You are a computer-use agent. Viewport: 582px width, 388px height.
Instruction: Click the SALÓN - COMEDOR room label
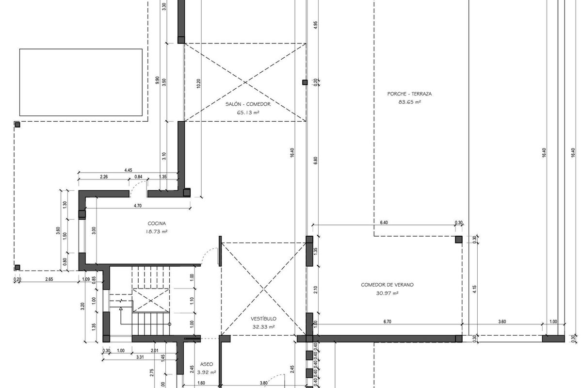[x=248, y=104]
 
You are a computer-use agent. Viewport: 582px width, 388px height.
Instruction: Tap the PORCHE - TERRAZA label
[x=409, y=94]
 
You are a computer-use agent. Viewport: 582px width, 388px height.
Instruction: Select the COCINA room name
[x=157, y=223]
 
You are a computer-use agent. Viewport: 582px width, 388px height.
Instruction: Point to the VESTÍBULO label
[x=263, y=319]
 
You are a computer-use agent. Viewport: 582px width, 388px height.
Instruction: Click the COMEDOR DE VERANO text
[x=387, y=285]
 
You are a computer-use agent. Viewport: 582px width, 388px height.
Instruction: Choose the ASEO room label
[x=207, y=364]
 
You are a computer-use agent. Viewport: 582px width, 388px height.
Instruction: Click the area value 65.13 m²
[x=248, y=113]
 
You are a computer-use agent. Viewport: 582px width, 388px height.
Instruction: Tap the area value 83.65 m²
[x=410, y=102]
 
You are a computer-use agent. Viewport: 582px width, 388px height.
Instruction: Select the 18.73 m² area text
[x=157, y=231]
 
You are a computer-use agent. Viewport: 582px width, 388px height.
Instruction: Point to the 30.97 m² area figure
[x=388, y=293]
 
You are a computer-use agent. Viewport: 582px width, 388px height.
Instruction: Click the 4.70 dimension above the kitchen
[x=138, y=206]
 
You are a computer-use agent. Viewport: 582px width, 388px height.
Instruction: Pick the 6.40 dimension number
[x=384, y=223]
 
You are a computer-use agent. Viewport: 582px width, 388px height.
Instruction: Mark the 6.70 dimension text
[x=387, y=322]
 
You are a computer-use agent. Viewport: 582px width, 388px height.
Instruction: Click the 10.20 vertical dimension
[x=198, y=83]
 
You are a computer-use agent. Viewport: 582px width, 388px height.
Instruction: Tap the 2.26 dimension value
[x=104, y=177]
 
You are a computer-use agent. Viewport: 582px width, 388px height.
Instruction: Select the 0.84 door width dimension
[x=138, y=177]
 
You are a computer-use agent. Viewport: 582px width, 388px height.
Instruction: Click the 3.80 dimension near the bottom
[x=264, y=383]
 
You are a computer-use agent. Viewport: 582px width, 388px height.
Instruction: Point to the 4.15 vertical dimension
[x=474, y=289]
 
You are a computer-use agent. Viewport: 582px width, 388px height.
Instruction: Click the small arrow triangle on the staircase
[x=121, y=308]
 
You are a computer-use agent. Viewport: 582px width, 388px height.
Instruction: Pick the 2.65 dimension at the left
[x=49, y=279]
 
